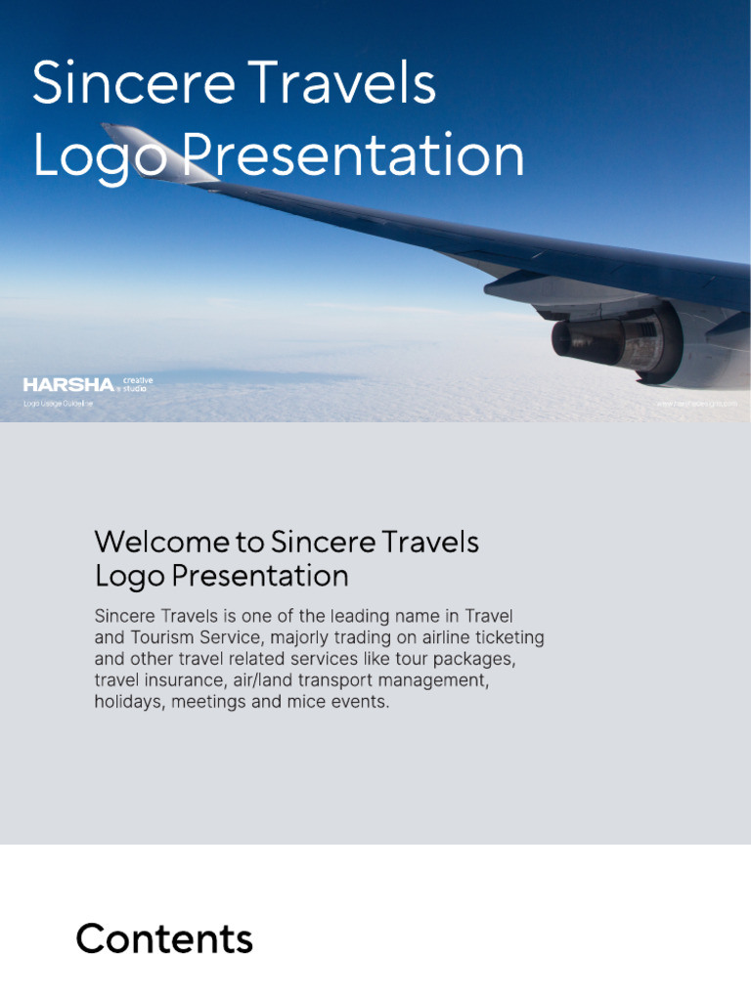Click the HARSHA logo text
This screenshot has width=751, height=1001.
click(x=68, y=385)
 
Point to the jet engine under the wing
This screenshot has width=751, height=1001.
click(x=611, y=339)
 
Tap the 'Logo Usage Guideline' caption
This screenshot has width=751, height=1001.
click(x=58, y=404)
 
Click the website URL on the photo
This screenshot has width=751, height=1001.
click(x=695, y=403)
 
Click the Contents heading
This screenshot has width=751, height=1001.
click(x=164, y=939)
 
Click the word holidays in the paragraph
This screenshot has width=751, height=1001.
click(x=130, y=702)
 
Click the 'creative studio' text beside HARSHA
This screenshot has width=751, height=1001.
click(x=137, y=384)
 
